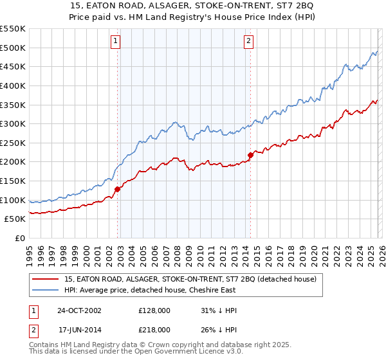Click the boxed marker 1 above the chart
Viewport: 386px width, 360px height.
pyautogui.click(x=115, y=42)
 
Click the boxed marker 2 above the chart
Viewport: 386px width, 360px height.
pyautogui.click(x=248, y=42)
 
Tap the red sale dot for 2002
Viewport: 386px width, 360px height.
pyautogui.click(x=118, y=189)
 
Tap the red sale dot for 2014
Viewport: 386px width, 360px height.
pyautogui.click(x=250, y=155)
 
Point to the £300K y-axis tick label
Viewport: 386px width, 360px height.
pyautogui.click(x=14, y=123)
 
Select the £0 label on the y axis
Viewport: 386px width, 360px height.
pyautogui.click(x=21, y=238)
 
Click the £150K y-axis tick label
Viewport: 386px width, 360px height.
pyautogui.click(x=14, y=181)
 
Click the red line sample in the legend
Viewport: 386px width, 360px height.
pyautogui.click(x=45, y=280)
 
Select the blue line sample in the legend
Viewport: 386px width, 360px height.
pyautogui.click(x=45, y=290)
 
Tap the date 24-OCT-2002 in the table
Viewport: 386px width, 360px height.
pyautogui.click(x=79, y=310)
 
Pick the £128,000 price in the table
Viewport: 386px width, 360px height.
pyautogui.click(x=154, y=310)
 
